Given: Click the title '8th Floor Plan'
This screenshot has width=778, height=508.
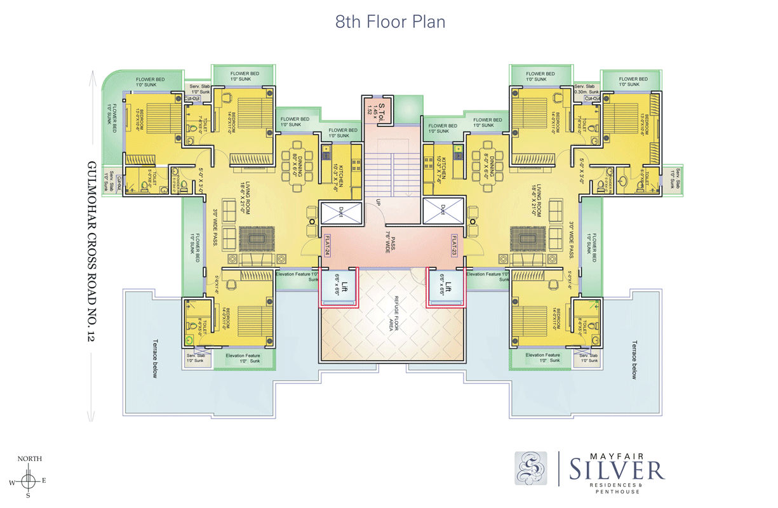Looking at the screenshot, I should [x=390, y=22].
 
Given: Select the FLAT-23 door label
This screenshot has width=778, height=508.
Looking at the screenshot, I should [x=455, y=245].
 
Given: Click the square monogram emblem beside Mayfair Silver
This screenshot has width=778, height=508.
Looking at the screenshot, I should [x=530, y=469].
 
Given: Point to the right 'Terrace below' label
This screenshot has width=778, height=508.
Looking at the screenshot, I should [x=633, y=359].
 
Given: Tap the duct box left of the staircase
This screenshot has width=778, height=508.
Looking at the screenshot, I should [x=341, y=211].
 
